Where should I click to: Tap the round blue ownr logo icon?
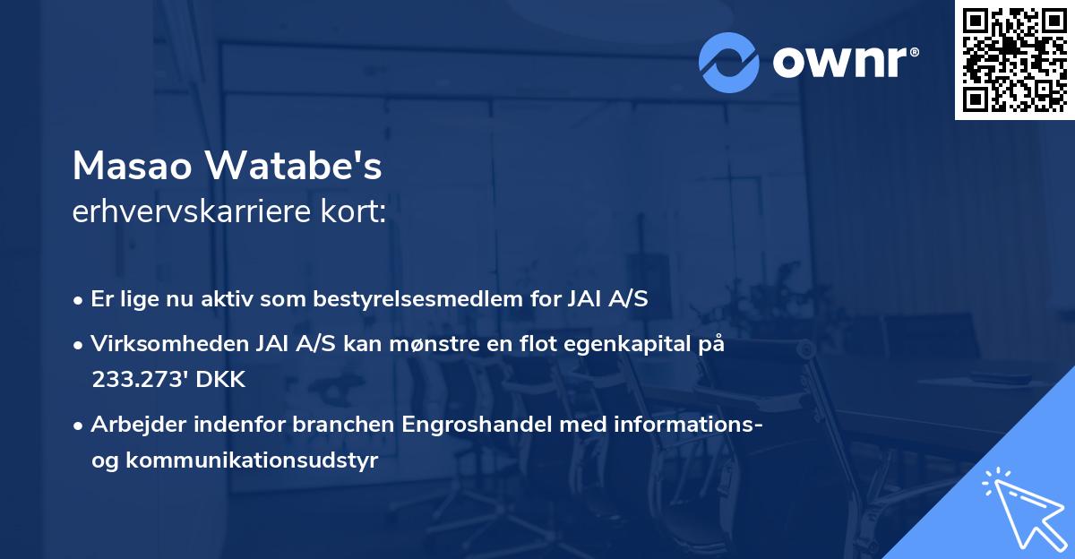(x=729, y=62)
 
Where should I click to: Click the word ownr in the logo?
(x=843, y=63)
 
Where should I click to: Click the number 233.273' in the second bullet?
(x=136, y=379)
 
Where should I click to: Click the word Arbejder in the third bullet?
(x=131, y=425)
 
